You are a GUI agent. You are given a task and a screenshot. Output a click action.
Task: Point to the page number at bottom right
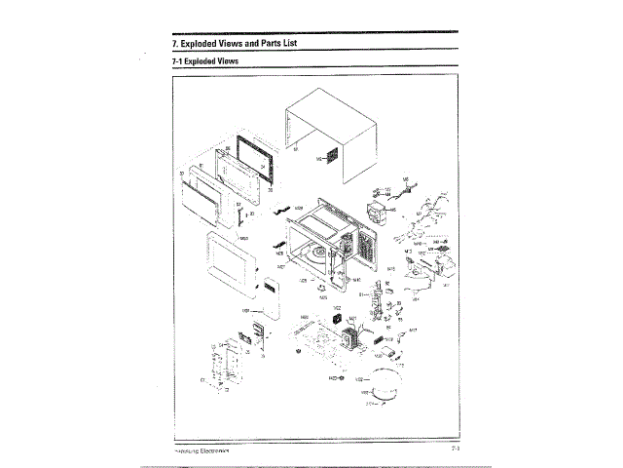(456, 450)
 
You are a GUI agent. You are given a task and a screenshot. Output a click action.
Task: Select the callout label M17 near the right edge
(414, 331)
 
